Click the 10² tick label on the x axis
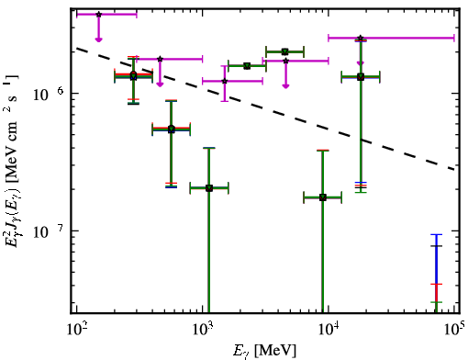tap(76, 329)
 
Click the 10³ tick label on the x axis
tap(202, 329)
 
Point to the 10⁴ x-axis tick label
tap(329, 329)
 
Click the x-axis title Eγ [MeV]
tap(264, 351)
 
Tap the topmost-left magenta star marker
tap(98, 15)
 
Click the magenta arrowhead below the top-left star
tap(98, 39)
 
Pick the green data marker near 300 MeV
tap(133, 75)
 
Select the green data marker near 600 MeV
tap(172, 129)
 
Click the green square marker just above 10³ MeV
tap(209, 188)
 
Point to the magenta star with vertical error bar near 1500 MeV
tap(225, 81)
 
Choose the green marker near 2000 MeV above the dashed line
tap(247, 66)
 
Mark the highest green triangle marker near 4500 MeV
tap(285, 51)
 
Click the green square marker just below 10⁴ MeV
tap(323, 197)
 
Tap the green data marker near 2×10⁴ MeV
tap(361, 77)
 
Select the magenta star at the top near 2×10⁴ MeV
tap(361, 39)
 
